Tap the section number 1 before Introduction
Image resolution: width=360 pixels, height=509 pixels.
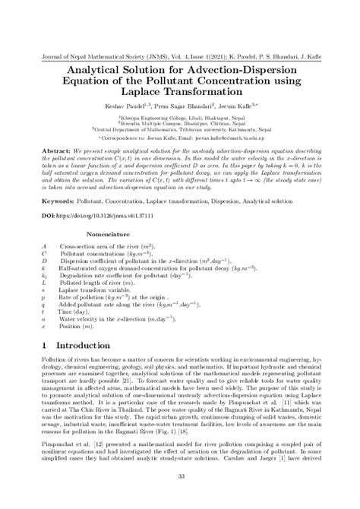coord(44,344)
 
